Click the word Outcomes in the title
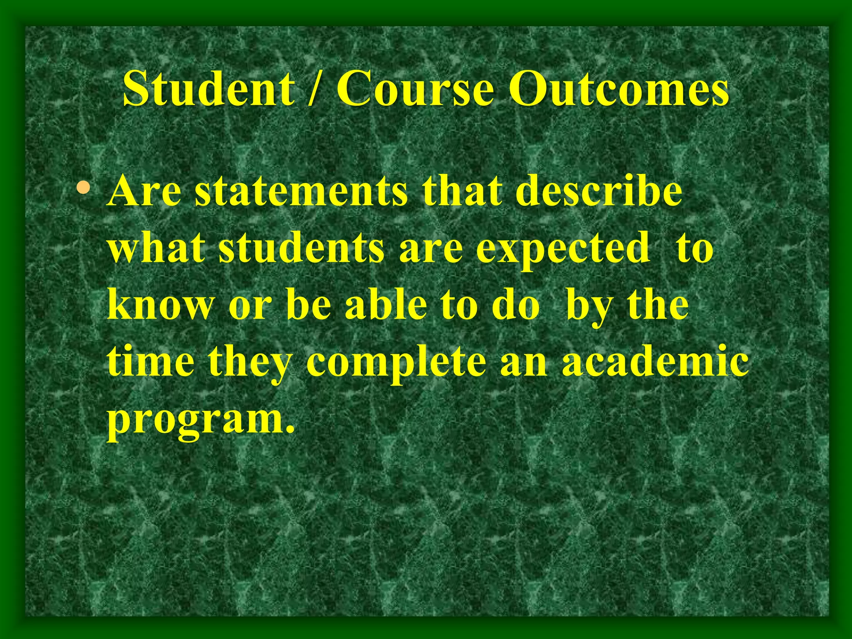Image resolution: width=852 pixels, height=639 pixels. point(619,89)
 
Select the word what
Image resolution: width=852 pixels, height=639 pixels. point(156,248)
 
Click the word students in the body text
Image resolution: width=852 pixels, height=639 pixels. point(301,248)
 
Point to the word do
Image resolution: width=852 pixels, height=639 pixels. point(515,305)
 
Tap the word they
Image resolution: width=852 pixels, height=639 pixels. point(250,362)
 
